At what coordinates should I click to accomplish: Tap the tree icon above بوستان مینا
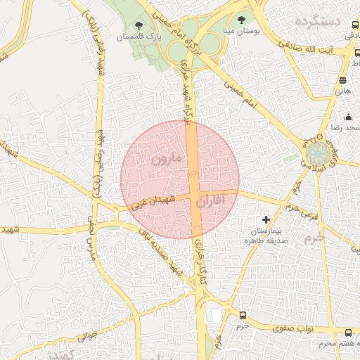241,20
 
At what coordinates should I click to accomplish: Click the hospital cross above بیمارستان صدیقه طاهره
266,220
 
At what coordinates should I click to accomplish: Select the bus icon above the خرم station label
243,315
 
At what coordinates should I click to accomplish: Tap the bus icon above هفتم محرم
348,332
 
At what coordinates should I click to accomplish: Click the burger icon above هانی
342,80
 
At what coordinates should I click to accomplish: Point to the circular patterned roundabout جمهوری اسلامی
319,153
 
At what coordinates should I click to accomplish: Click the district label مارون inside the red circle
166,159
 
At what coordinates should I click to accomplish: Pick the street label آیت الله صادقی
323,51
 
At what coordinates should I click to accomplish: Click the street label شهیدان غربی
150,203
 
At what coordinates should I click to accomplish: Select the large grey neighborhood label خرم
316,238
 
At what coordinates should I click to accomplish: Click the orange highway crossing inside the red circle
195,193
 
